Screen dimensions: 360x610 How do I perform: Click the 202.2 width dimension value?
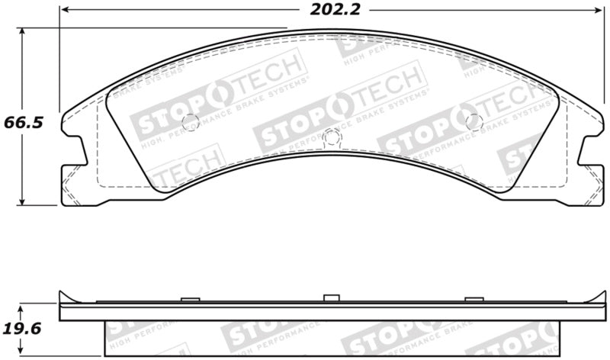tap(329, 11)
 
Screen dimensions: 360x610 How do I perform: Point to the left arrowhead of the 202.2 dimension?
tap(64, 11)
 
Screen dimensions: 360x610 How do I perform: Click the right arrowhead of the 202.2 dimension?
tap(598, 11)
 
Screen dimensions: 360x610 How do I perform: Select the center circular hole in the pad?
tap(330, 137)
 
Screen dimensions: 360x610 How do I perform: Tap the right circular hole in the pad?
tap(473, 120)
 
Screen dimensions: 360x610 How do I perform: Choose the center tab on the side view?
tap(330, 297)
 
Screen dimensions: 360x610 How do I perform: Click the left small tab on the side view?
tap(190, 300)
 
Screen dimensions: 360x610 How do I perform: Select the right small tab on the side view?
tap(473, 300)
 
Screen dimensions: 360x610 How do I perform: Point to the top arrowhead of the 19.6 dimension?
tap(24, 306)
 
